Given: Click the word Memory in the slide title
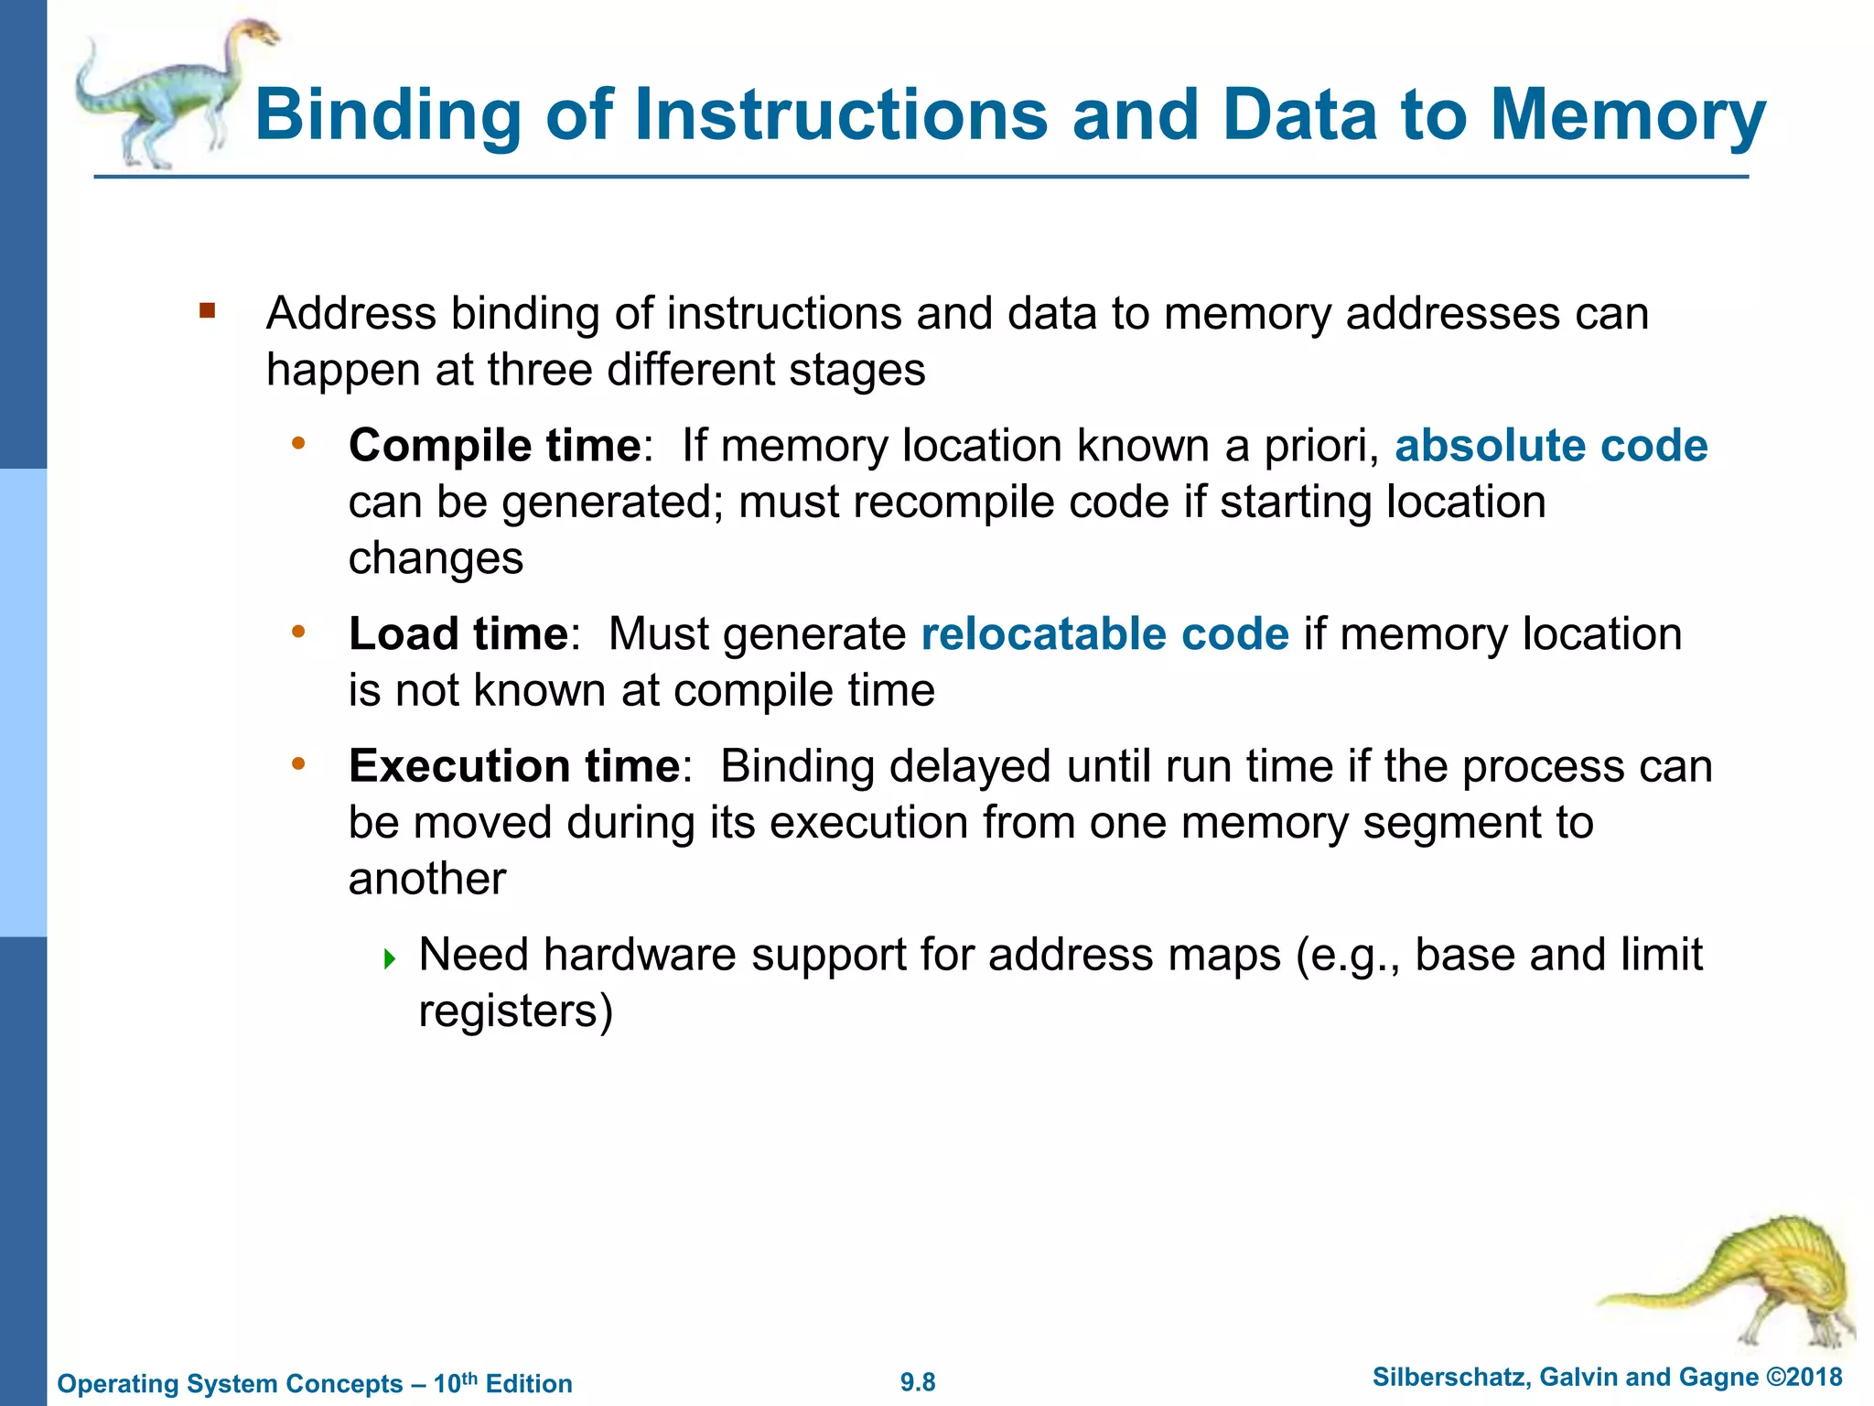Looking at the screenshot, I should point(1628,115).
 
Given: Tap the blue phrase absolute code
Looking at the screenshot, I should point(1550,446).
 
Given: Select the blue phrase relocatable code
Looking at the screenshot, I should point(1104,633).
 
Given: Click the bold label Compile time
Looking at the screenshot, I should point(494,446).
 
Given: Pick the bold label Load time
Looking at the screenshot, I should point(458,633).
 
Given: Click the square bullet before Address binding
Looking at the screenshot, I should point(208,311).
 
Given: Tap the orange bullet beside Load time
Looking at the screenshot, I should point(297,632).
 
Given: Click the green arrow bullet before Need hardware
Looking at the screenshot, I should point(390,959).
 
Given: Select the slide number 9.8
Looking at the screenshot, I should point(918,1382).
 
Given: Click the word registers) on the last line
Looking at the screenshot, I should point(515,1011).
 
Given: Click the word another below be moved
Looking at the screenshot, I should point(426,879).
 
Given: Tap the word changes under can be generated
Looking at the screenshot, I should point(436,558).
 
